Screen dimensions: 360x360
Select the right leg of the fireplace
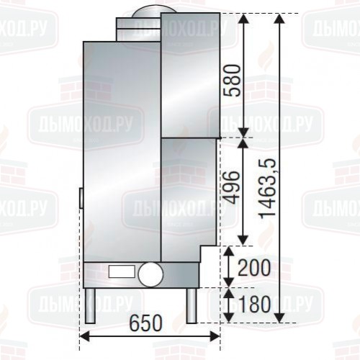(x=190, y=305)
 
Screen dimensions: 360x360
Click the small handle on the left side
(x=81, y=197)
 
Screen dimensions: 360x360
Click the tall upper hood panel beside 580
(x=189, y=75)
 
